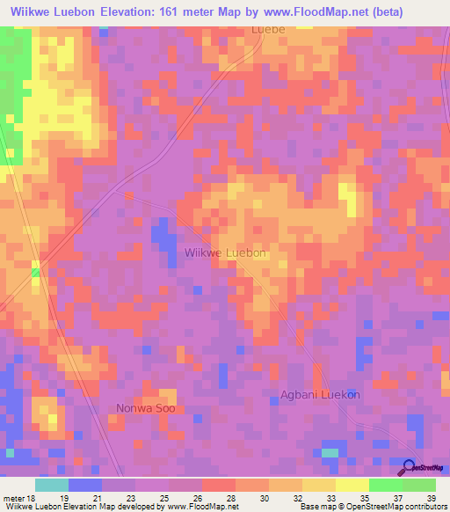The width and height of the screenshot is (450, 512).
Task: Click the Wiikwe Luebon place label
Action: click(x=225, y=252)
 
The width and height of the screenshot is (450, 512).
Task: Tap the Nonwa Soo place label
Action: click(x=146, y=408)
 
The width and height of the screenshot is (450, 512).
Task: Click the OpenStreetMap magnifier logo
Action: click(x=409, y=468)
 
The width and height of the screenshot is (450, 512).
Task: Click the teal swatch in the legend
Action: click(x=52, y=485)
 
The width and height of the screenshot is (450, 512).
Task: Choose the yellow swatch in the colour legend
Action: click(x=352, y=485)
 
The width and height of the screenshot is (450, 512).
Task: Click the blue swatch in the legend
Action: click(x=85, y=485)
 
